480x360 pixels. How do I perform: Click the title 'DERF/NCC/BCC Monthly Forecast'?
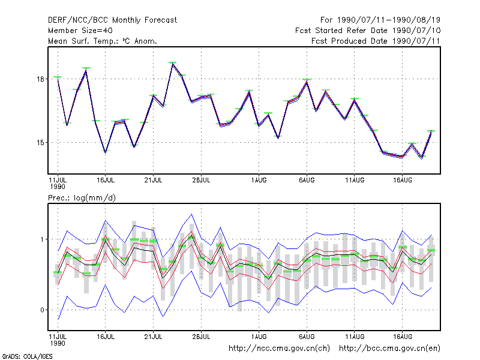pyautogui.click(x=112, y=20)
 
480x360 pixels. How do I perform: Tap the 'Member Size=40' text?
pyautogui.click(x=80, y=31)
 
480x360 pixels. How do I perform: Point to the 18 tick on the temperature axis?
pyautogui.click(x=40, y=79)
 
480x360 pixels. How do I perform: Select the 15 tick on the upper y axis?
pyautogui.click(x=40, y=143)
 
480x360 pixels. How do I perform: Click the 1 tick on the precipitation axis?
pyautogui.click(x=42, y=239)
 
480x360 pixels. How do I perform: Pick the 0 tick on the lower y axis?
pyautogui.click(x=42, y=310)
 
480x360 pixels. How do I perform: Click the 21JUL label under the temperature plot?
pyautogui.click(x=153, y=180)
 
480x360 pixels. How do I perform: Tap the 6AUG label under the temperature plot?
pyautogui.click(x=307, y=180)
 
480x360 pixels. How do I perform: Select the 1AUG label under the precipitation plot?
pyautogui.click(x=259, y=337)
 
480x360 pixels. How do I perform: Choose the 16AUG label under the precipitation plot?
pyautogui.click(x=402, y=337)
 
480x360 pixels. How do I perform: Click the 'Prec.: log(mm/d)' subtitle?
pyautogui.click(x=82, y=198)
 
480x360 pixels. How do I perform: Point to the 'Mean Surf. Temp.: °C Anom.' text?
pyautogui.click(x=103, y=41)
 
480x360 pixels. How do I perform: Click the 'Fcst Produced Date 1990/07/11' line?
pyautogui.click(x=376, y=41)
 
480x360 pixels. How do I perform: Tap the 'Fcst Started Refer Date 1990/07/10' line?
pyautogui.click(x=368, y=31)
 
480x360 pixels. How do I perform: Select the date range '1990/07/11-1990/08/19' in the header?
pyautogui.click(x=389, y=20)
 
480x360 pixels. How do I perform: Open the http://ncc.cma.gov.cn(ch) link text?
pyautogui.click(x=279, y=349)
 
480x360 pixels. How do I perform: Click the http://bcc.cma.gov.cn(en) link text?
pyautogui.click(x=389, y=349)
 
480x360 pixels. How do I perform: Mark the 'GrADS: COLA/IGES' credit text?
pyautogui.click(x=27, y=356)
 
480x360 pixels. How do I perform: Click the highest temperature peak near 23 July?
pyautogui.click(x=173, y=64)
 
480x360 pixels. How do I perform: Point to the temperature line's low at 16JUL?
pyautogui.click(x=106, y=152)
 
